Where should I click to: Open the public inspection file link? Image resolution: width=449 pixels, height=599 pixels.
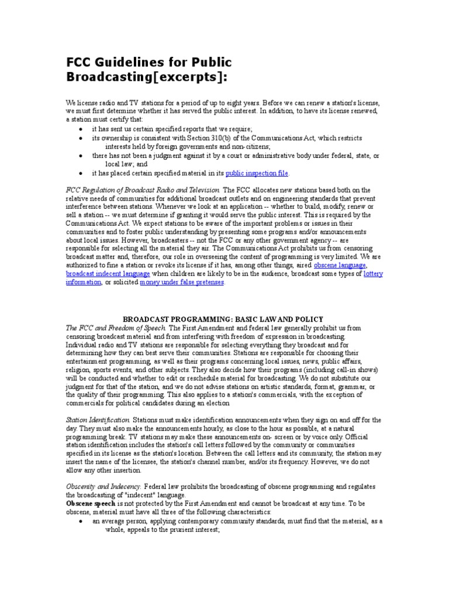(257, 173)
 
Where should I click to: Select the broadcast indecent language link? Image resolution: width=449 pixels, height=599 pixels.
(108, 274)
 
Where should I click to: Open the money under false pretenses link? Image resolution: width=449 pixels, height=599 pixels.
(182, 283)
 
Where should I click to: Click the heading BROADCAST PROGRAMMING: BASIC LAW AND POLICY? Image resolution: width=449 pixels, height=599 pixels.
(223, 319)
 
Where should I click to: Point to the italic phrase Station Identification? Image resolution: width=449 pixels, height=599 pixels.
(98, 420)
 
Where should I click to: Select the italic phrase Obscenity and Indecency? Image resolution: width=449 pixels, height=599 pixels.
(103, 487)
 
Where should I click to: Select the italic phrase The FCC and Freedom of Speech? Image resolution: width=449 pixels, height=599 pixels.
(115, 328)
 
